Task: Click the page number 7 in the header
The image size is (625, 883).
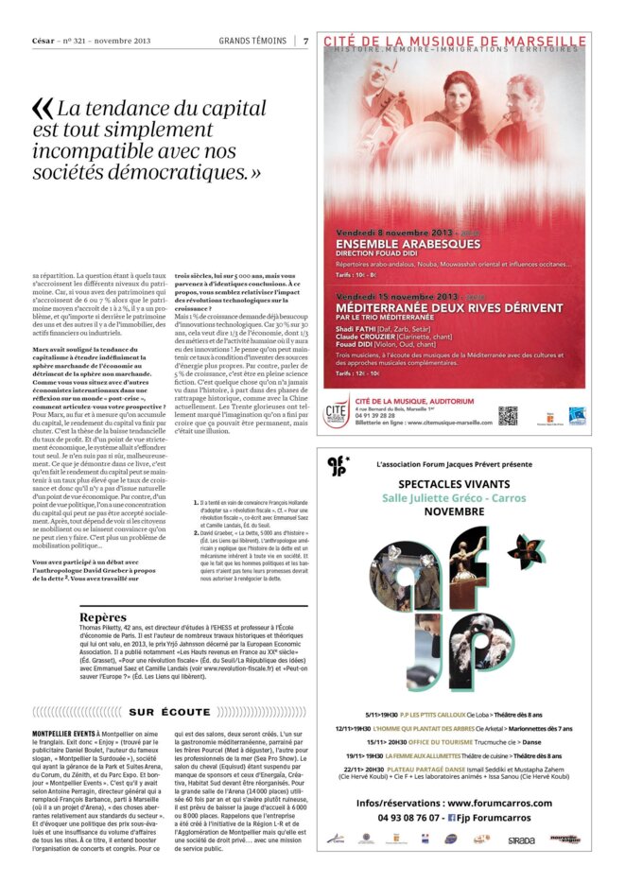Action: (306, 40)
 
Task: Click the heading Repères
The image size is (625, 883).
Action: (104, 617)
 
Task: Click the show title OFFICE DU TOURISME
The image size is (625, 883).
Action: (417, 741)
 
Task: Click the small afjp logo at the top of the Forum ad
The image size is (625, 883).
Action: (338, 466)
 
